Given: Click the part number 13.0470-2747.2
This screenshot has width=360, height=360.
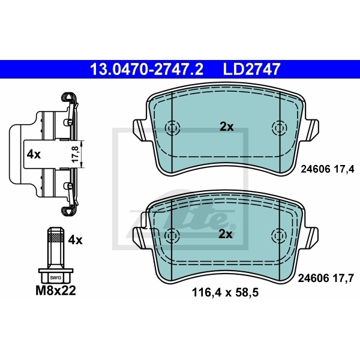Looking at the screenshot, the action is coord(147,69).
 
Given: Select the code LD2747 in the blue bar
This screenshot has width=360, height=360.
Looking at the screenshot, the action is coord(251,69).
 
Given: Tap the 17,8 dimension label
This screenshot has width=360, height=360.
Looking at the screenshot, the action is coord(76,154).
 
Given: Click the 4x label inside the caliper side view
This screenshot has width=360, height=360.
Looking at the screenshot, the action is coord(34,155).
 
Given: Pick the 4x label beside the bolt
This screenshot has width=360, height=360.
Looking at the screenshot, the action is coord(76,240).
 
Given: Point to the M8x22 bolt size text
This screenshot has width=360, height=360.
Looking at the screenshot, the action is coord(56,290).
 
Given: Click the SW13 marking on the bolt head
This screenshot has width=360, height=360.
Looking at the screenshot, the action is coord(56,278).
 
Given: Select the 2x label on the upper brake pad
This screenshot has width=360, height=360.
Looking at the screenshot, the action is coord(227,127).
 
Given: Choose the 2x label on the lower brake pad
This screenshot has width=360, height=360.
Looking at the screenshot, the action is coord(226,234).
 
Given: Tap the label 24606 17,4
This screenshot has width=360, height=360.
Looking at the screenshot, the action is coord(328,169).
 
